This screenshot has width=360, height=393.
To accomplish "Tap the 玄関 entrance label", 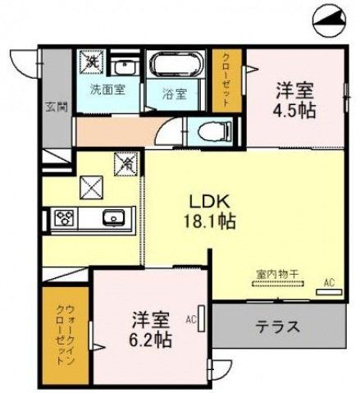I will [51, 107].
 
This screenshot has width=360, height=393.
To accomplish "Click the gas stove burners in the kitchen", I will [65, 218].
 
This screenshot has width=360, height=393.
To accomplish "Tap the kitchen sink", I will [112, 218].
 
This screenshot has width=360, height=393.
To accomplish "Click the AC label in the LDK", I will [329, 283].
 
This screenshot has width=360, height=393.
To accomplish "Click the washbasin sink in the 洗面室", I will [125, 66].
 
